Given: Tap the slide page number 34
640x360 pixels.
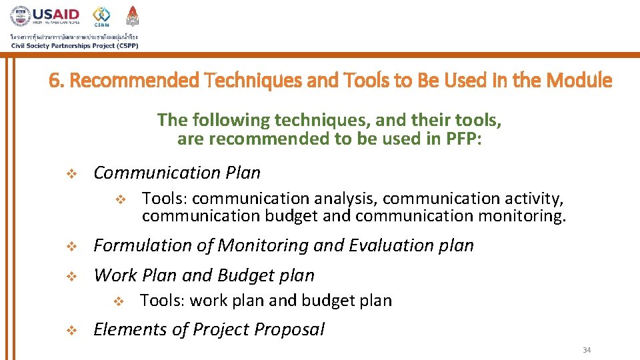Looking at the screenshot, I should coord(587,350).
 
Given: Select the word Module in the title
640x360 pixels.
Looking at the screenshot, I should coord(579,81).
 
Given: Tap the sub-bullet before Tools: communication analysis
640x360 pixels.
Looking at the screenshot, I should coord(120,199).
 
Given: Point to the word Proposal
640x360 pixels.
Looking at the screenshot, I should coord(291,329).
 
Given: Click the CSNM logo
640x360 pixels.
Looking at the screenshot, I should coord(102,17).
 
